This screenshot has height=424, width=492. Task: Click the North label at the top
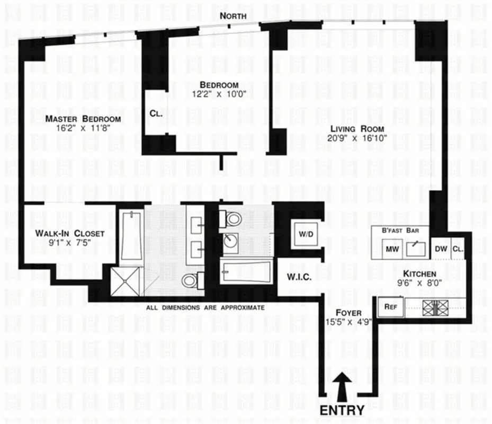[x=233, y=16]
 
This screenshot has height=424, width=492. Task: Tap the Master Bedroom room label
[x=83, y=119]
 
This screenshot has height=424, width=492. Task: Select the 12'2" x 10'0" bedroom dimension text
[x=219, y=94]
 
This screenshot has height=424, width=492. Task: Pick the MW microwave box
[x=392, y=249]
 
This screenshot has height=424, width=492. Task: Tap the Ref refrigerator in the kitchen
[x=390, y=306]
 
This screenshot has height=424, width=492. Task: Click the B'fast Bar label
[x=401, y=231]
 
